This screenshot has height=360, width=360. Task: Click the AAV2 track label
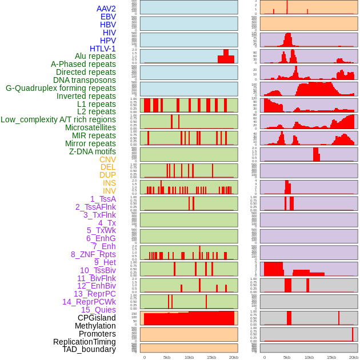(106, 9)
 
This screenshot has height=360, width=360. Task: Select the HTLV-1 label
(103, 49)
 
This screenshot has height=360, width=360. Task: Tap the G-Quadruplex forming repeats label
(61, 88)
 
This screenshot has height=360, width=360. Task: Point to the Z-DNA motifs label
(93, 151)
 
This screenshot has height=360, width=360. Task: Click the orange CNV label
(107, 159)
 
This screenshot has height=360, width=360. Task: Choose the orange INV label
(109, 191)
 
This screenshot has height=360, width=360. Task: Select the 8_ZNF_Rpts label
(93, 254)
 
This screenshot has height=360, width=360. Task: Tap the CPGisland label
(97, 318)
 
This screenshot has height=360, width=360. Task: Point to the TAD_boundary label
(89, 349)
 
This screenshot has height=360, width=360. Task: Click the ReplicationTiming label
(85, 342)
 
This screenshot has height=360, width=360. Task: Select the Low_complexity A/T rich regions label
(58, 119)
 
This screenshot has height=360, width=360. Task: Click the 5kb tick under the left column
(167, 357)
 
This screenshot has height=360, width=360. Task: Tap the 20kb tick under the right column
(354, 357)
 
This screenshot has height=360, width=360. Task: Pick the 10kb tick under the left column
(189, 357)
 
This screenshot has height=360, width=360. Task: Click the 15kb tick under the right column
(331, 357)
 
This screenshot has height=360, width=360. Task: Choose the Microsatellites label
(90, 127)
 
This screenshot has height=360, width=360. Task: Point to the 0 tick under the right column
(264, 357)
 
